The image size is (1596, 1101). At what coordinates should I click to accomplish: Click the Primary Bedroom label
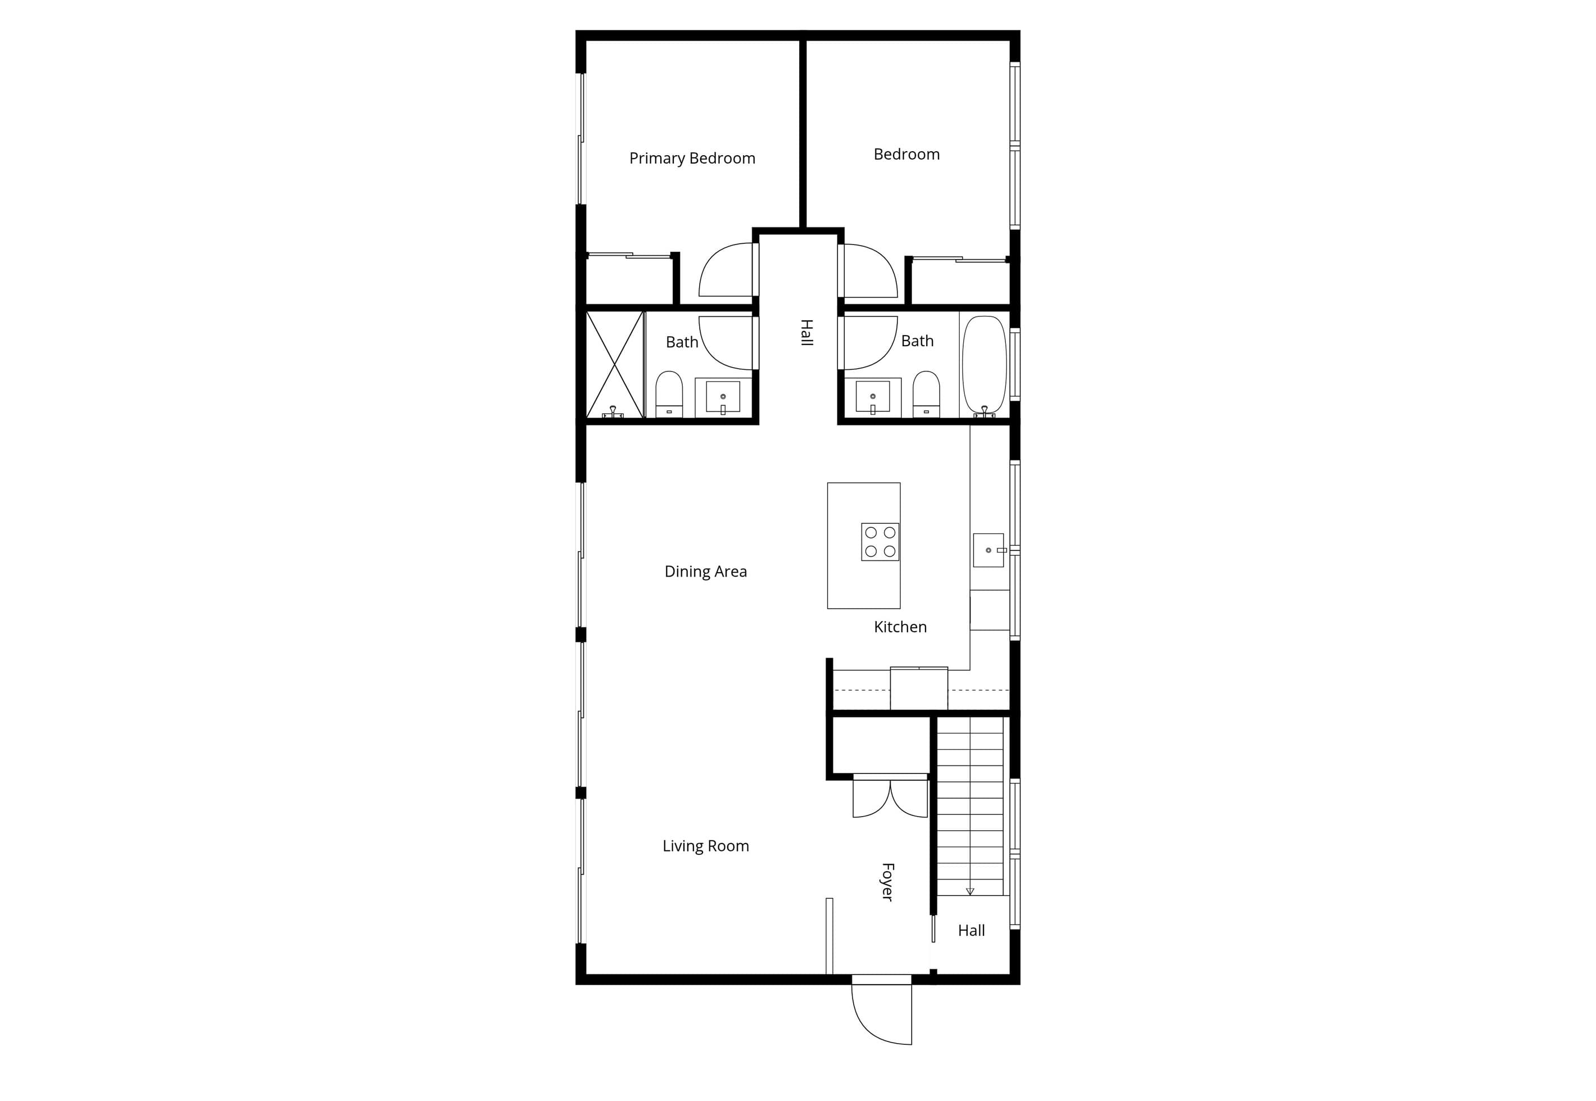coord(692,158)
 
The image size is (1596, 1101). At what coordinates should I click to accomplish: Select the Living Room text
coord(706,846)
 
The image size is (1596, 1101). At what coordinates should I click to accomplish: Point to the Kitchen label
coord(900,627)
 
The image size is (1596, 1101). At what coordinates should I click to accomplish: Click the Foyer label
coord(888,882)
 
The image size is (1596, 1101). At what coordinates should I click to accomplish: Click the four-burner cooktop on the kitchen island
coord(880,542)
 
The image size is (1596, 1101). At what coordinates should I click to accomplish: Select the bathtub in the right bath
coord(984,366)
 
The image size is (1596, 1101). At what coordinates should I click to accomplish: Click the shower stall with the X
coord(615,364)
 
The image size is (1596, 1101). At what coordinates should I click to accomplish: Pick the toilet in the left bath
coord(669,394)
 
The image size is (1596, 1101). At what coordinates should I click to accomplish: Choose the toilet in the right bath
coord(926,394)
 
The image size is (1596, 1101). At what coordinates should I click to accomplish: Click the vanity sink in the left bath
coord(723,397)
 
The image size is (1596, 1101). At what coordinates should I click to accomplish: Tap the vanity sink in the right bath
coord(873,397)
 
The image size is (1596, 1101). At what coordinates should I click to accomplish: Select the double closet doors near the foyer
coord(890,798)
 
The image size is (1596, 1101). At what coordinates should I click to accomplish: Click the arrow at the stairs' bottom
coord(970,891)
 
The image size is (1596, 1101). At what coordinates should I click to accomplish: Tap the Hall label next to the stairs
coord(971,931)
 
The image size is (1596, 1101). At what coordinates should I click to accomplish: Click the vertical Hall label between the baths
coord(806,333)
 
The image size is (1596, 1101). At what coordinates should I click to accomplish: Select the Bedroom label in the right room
coord(906,155)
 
